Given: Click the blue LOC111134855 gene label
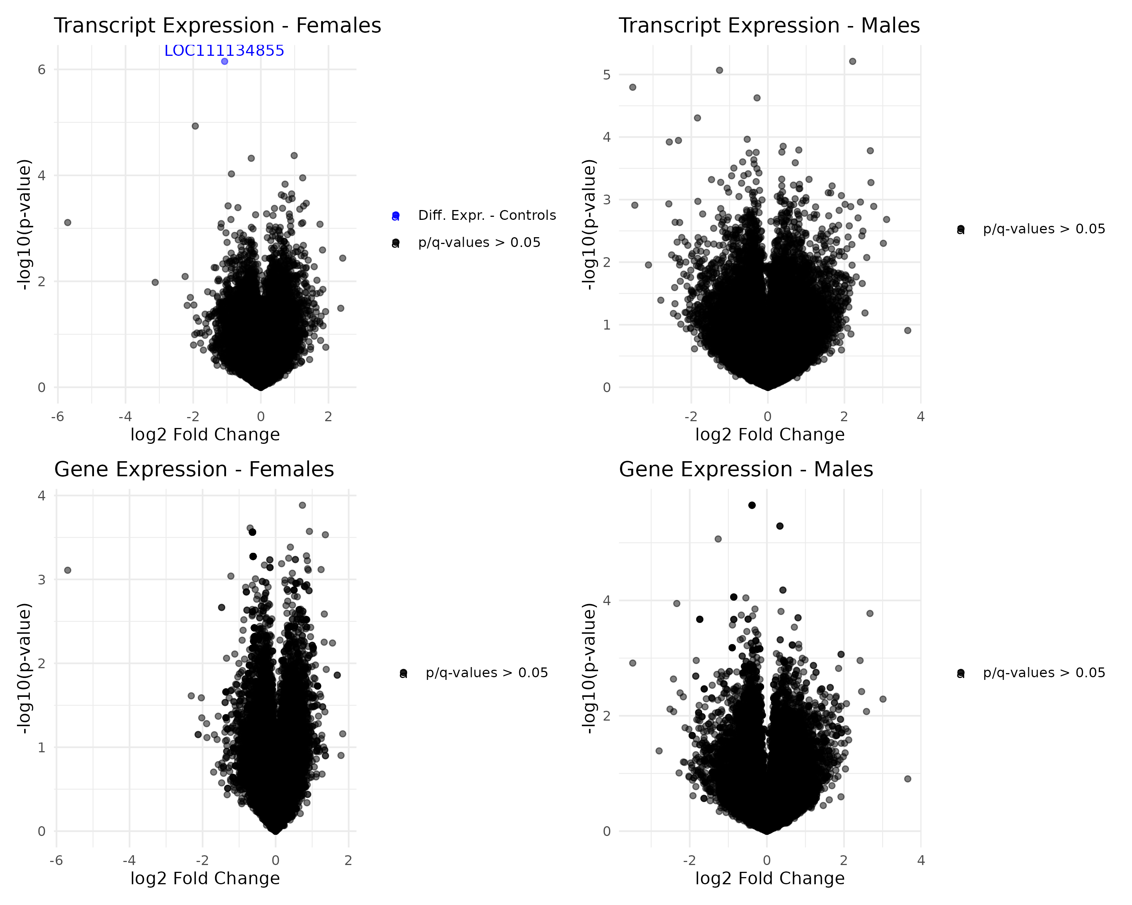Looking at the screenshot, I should pos(224,51).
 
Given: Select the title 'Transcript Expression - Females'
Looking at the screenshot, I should pos(217,26).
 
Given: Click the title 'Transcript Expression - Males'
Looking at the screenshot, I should pos(769,26).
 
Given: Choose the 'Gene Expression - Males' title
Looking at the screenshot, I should pos(746,469).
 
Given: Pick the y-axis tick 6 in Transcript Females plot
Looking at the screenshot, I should pos(42,70).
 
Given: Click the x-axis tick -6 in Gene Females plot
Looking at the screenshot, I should pos(56,861).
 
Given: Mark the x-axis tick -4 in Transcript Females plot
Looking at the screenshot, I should pos(125,417).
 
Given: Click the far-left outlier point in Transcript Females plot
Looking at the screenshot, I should pos(68,222).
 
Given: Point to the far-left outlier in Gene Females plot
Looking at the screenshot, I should pos(68,570).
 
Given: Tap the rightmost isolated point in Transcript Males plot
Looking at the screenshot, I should pos(907,331).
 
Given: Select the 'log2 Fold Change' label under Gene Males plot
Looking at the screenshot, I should pos(770,878).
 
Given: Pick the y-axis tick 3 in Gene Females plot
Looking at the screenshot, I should pos(42,580).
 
